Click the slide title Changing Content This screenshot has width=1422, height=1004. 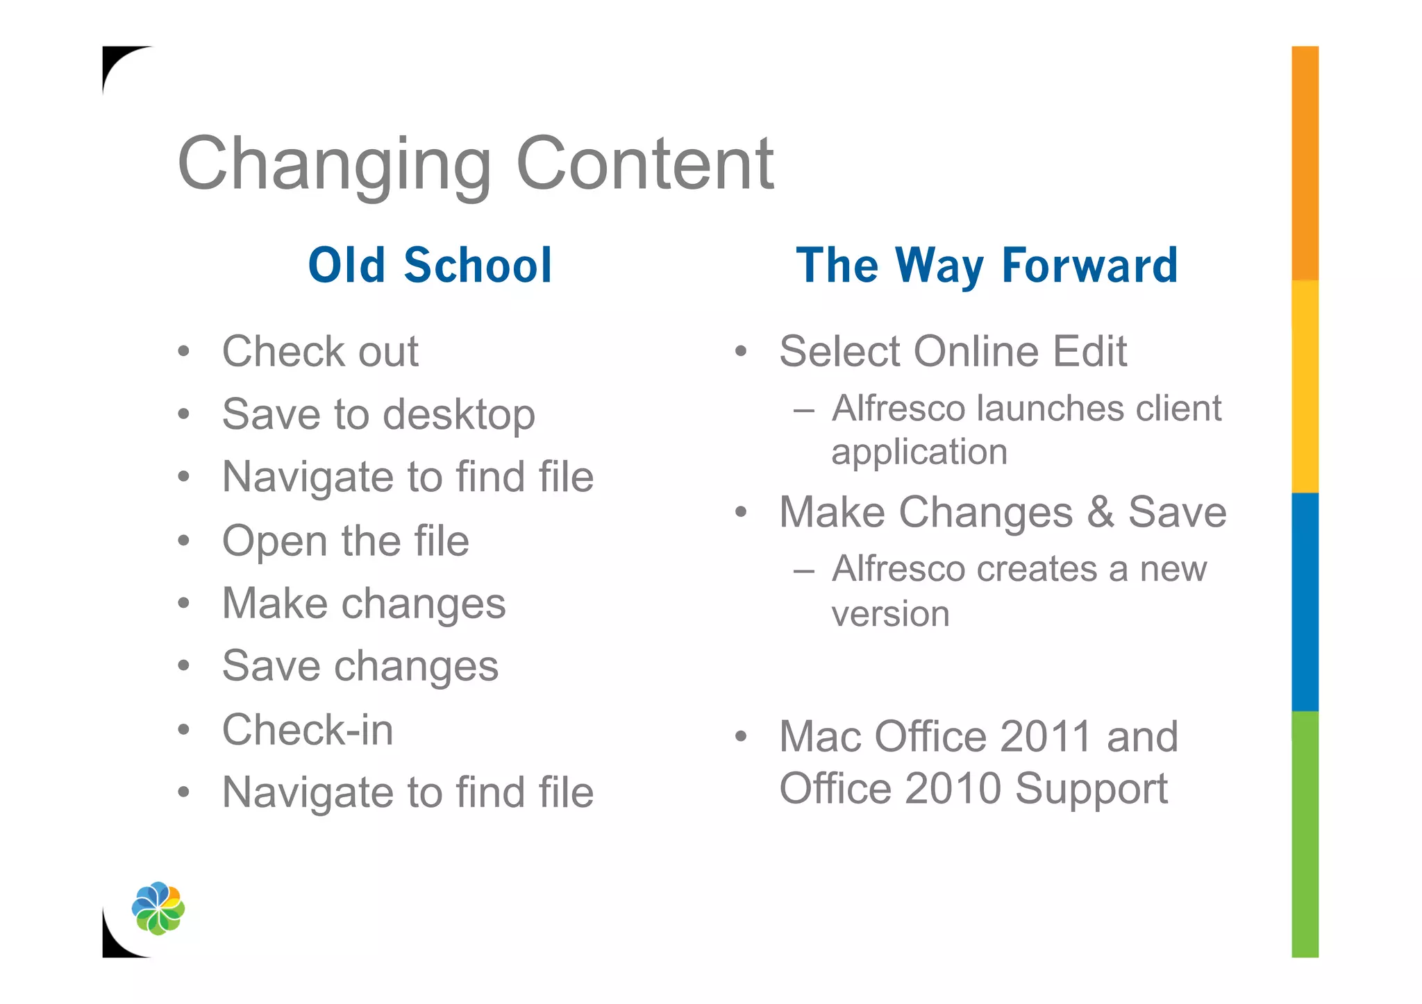pos(476,164)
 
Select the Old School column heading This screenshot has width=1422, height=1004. pos(430,265)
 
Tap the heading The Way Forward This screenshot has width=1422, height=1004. pos(987,265)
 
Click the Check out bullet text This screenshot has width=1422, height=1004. pos(320,351)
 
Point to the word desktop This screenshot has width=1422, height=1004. pos(459,415)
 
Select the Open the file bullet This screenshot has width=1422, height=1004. pos(345,541)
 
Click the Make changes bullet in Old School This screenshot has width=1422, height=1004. pos(364,603)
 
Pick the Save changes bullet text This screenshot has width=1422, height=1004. pos(360,666)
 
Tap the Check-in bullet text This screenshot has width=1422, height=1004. pos(308,730)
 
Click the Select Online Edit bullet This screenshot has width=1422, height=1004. pos(953,351)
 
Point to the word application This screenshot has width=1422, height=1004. pos(919,452)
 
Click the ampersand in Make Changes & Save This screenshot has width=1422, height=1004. pos(1101,512)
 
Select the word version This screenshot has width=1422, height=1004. pos(890,614)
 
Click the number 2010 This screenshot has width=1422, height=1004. pos(953,788)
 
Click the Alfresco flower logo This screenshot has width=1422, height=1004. pos(158,908)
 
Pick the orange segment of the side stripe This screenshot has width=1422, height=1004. pos(1305,163)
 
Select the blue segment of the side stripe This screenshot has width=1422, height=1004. pos(1305,602)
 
